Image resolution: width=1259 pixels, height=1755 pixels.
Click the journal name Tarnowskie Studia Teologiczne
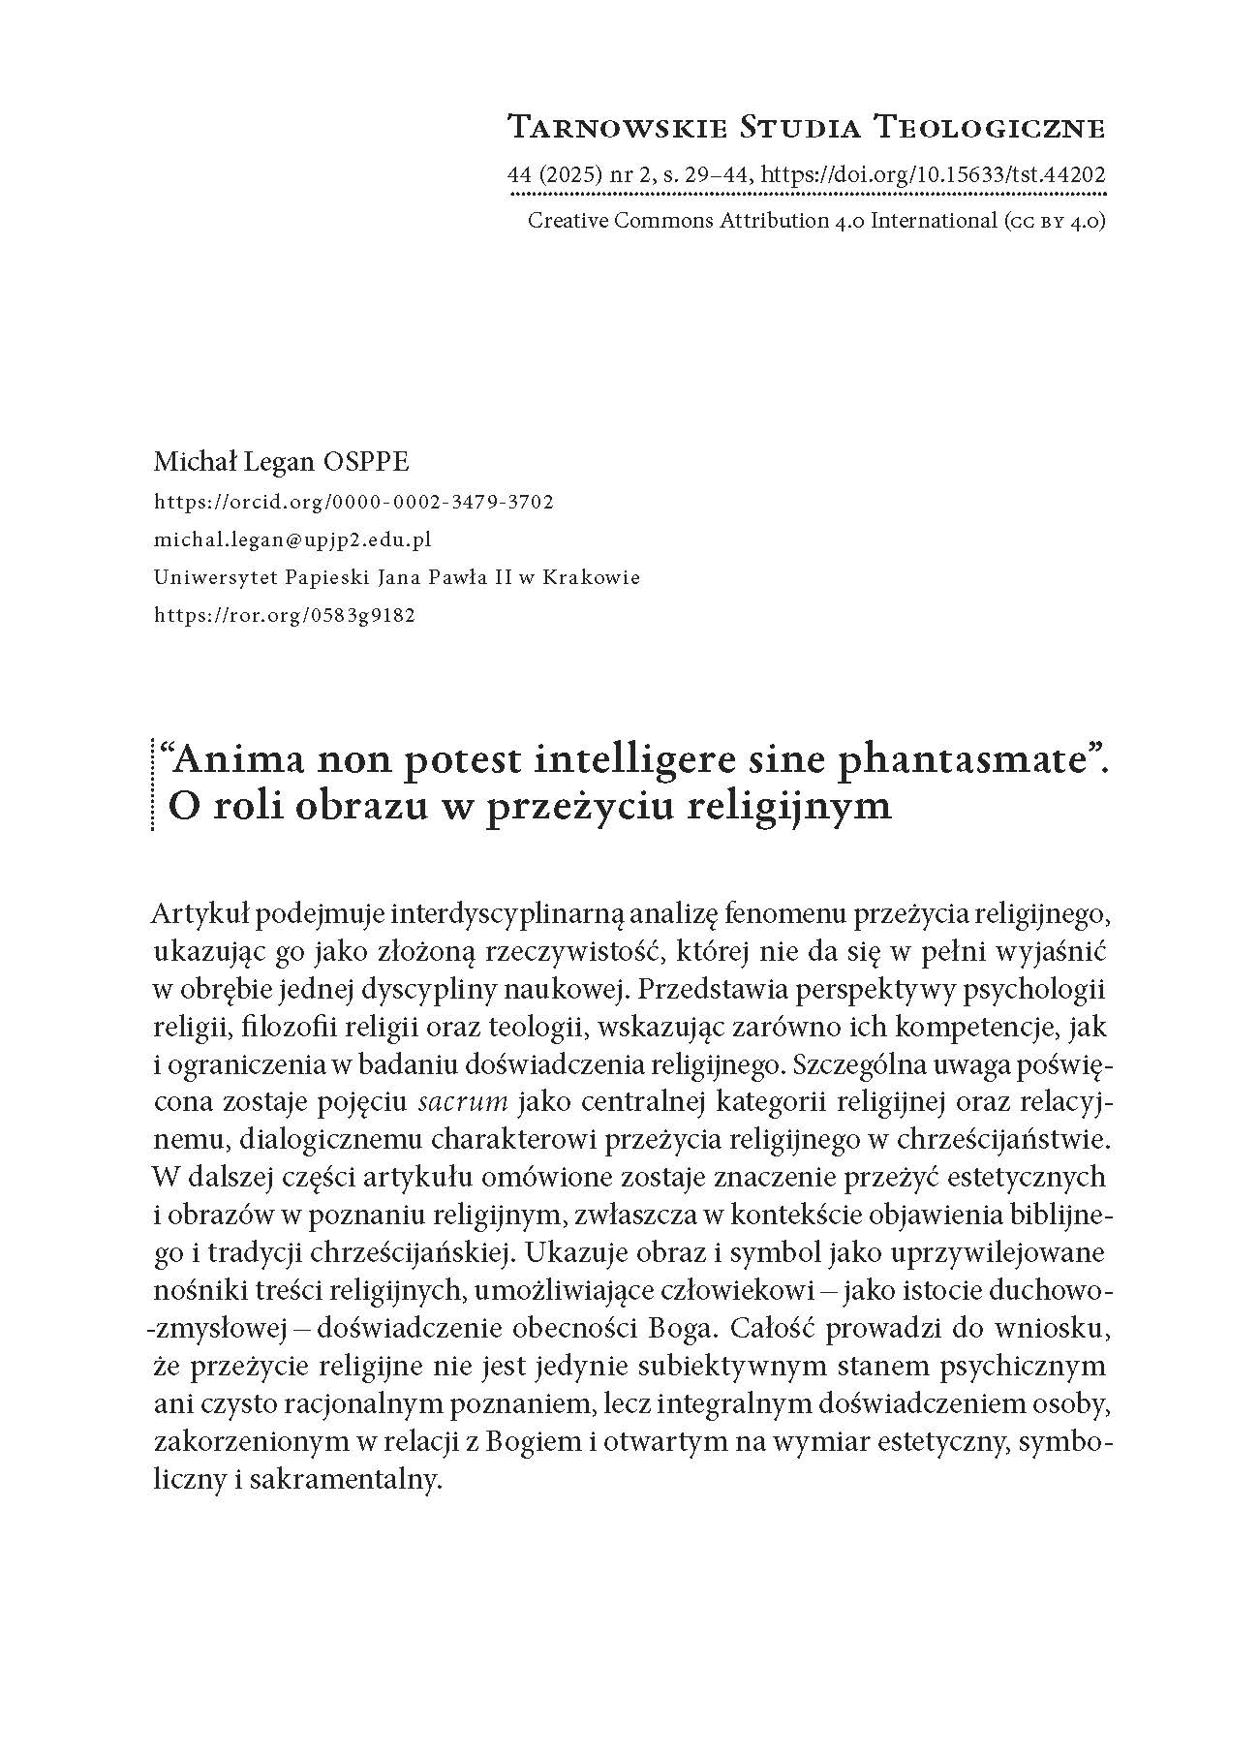point(806,126)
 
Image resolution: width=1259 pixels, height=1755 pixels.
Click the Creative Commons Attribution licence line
point(815,221)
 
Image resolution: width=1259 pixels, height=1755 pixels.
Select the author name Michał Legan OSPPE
point(281,462)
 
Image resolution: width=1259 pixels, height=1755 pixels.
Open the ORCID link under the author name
point(353,502)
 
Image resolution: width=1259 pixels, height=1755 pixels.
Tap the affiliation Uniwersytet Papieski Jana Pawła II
point(397,577)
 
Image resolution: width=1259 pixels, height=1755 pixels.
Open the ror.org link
point(285,615)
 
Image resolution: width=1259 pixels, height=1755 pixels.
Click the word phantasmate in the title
point(959,761)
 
